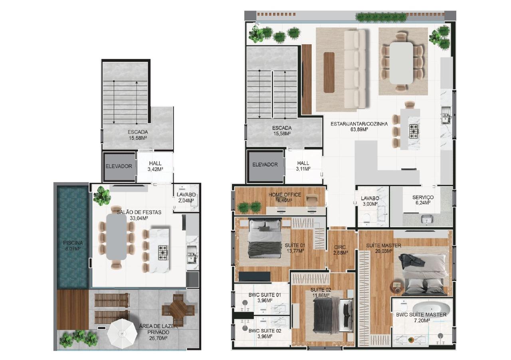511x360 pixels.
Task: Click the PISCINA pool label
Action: (72, 243)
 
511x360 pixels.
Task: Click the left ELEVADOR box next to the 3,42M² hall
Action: (119, 166)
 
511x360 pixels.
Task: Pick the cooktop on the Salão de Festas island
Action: (164, 252)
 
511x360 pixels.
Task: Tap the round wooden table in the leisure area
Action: (178, 309)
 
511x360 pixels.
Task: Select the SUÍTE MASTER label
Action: (383, 245)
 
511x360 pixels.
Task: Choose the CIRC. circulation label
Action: (340, 247)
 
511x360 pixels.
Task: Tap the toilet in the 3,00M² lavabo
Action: (366, 218)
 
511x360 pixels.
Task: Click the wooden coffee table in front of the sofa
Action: (329, 67)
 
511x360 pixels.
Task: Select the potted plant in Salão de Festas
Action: (102, 196)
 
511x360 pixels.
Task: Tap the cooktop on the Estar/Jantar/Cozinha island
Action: (414, 130)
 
